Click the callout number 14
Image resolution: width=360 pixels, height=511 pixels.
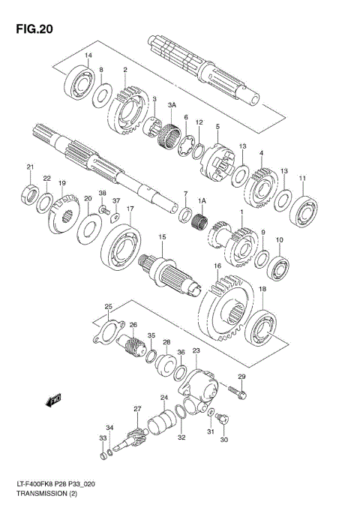pyautogui.click(x=88, y=56)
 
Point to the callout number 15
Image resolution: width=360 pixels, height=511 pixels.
pyautogui.click(x=161, y=237)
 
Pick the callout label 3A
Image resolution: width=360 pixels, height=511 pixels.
pyautogui.click(x=172, y=104)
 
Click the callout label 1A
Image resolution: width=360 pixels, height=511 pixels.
pyautogui.click(x=202, y=200)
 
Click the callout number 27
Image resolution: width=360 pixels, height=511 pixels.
pyautogui.click(x=137, y=409)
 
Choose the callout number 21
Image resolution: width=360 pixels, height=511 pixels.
pyautogui.click(x=30, y=167)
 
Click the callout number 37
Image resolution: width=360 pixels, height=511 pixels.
pyautogui.click(x=116, y=201)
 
